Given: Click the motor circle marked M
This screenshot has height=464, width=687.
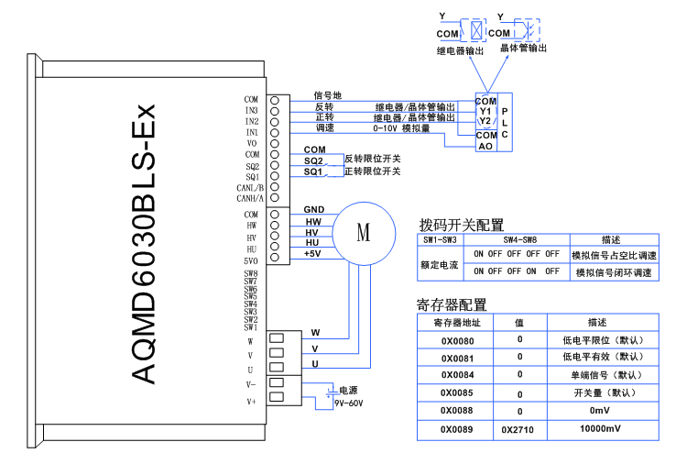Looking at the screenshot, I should [x=363, y=232].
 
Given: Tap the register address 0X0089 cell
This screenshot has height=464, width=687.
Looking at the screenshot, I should [x=457, y=428].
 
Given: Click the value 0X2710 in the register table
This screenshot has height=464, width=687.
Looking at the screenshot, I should [x=518, y=428].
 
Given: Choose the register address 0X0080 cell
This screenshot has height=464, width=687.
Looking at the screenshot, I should [x=457, y=340].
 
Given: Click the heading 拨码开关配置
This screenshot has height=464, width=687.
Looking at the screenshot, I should [x=462, y=225].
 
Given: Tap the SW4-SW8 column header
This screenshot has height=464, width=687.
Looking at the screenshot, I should [x=517, y=238].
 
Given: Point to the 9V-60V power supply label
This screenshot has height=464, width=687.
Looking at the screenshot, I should [x=348, y=402].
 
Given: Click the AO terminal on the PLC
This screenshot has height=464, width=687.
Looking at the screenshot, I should [x=485, y=146].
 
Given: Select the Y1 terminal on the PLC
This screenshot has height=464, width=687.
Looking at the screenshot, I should [x=485, y=111].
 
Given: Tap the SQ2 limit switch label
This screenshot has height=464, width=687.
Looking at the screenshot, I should [x=313, y=160].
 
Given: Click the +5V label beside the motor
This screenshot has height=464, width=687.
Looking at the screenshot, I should [x=312, y=254].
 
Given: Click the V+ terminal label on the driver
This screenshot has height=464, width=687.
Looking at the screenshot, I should [x=251, y=402].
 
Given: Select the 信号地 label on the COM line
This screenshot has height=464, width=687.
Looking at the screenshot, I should [x=327, y=94].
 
